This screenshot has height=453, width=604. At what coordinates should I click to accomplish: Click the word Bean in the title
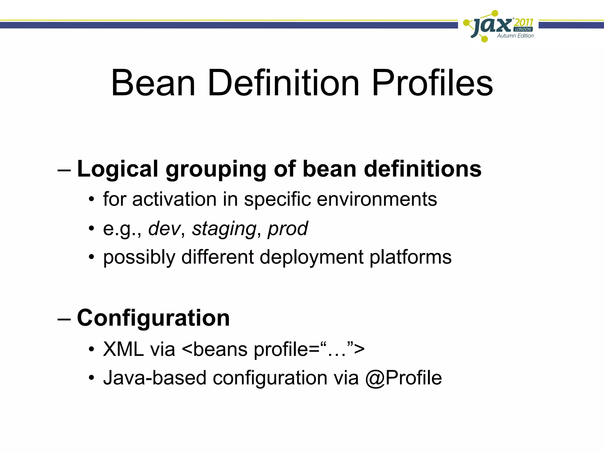(x=153, y=83)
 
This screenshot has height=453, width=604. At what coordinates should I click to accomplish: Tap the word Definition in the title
(x=283, y=83)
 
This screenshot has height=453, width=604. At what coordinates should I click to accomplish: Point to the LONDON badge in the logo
(x=523, y=29)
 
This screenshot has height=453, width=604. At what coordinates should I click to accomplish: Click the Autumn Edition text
(x=515, y=36)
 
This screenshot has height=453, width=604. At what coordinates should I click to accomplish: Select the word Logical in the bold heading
(x=118, y=169)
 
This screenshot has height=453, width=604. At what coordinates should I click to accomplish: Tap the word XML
(x=123, y=349)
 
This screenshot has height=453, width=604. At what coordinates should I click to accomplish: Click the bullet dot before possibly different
(x=91, y=257)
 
